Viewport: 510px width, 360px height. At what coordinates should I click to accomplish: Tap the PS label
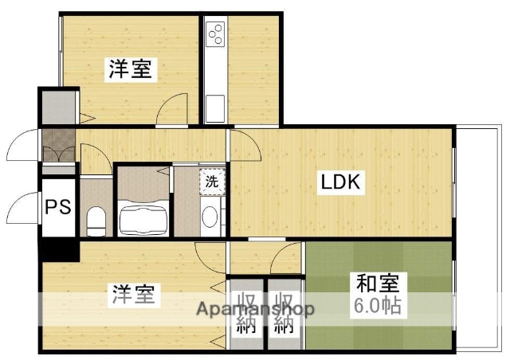57,208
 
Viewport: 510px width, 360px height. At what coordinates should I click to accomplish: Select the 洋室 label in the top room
130,69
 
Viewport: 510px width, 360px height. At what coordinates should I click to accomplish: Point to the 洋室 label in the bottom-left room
133,295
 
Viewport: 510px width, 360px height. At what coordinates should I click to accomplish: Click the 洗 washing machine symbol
212,181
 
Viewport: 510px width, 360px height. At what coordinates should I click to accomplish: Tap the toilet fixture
96,219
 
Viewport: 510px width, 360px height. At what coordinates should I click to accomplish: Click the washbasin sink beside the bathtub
209,217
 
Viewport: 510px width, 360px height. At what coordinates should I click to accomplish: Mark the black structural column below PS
59,249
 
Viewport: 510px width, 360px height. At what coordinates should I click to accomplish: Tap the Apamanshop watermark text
255,309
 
